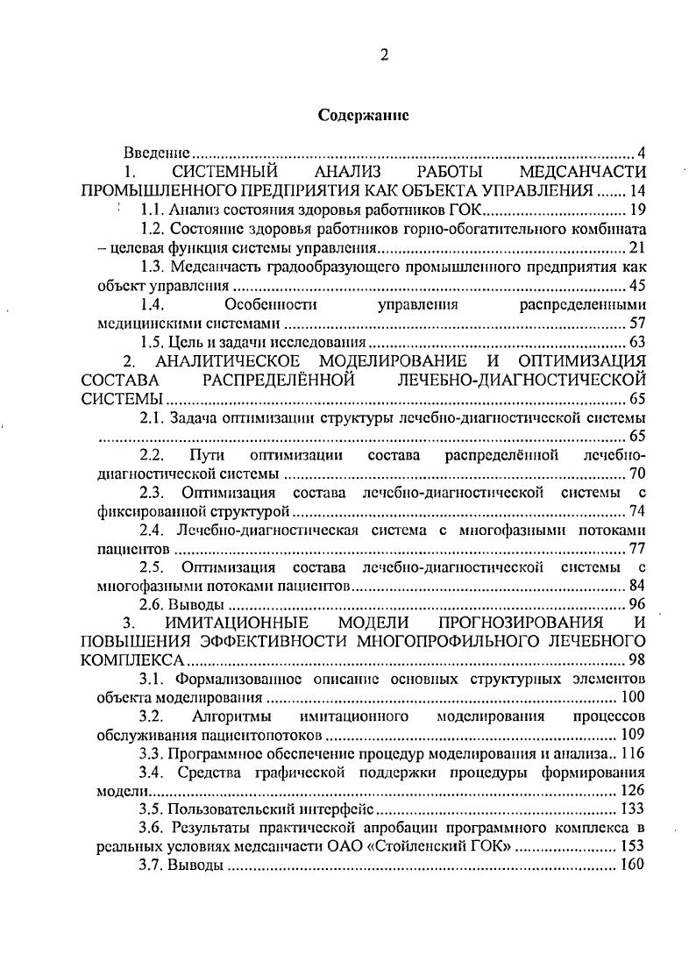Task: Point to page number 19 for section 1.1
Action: (x=637, y=210)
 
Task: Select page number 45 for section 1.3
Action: (x=637, y=286)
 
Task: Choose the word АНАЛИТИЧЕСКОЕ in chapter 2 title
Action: (x=228, y=361)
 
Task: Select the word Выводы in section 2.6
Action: (x=199, y=605)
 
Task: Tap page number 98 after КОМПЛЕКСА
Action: (x=637, y=660)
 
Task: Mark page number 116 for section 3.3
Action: (x=633, y=753)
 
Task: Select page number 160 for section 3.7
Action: (x=633, y=866)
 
